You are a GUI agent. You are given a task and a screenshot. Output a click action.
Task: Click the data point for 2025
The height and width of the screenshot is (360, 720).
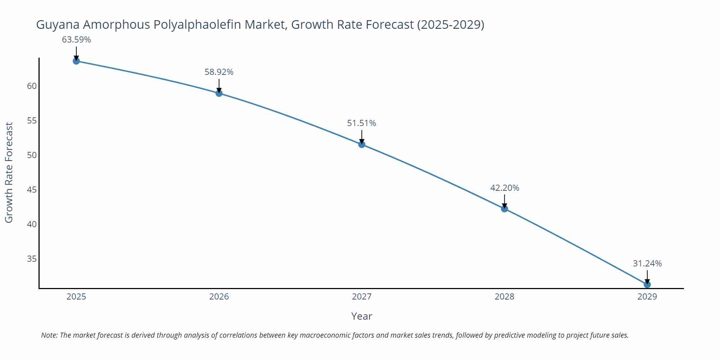click(76, 61)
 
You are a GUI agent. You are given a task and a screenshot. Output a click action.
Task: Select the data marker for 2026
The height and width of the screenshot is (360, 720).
click(219, 93)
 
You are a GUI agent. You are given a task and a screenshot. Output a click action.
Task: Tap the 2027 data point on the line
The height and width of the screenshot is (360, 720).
click(362, 144)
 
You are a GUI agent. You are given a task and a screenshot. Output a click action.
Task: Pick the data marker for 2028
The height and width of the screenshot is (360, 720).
click(504, 208)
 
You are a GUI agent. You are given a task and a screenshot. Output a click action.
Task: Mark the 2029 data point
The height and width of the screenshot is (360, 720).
click(647, 284)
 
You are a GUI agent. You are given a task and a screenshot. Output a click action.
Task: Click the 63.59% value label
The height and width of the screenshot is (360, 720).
click(76, 40)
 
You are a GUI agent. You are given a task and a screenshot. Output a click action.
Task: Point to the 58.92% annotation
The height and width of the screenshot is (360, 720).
click(219, 72)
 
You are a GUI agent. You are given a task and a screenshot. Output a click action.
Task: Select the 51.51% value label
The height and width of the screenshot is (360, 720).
click(361, 123)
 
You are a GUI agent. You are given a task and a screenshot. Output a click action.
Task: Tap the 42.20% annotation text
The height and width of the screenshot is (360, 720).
click(504, 188)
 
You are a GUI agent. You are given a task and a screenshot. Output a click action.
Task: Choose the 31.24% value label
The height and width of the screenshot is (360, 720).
click(647, 264)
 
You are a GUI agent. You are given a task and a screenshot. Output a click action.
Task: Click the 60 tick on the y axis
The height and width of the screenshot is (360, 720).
click(32, 86)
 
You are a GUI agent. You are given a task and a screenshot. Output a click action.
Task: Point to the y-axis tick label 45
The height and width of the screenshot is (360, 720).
click(32, 190)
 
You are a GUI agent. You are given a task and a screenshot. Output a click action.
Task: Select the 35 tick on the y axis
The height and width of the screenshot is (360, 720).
click(32, 259)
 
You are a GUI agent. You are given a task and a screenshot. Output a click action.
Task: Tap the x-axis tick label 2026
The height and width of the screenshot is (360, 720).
click(219, 297)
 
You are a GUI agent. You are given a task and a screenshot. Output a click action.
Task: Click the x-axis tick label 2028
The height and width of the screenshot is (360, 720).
click(504, 297)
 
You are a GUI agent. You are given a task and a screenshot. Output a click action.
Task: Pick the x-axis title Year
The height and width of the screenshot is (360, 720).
click(361, 316)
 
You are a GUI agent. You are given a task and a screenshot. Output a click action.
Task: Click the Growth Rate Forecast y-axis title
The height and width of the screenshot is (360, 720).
click(9, 172)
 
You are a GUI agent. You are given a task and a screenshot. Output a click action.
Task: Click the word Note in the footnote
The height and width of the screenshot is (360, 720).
click(49, 335)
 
